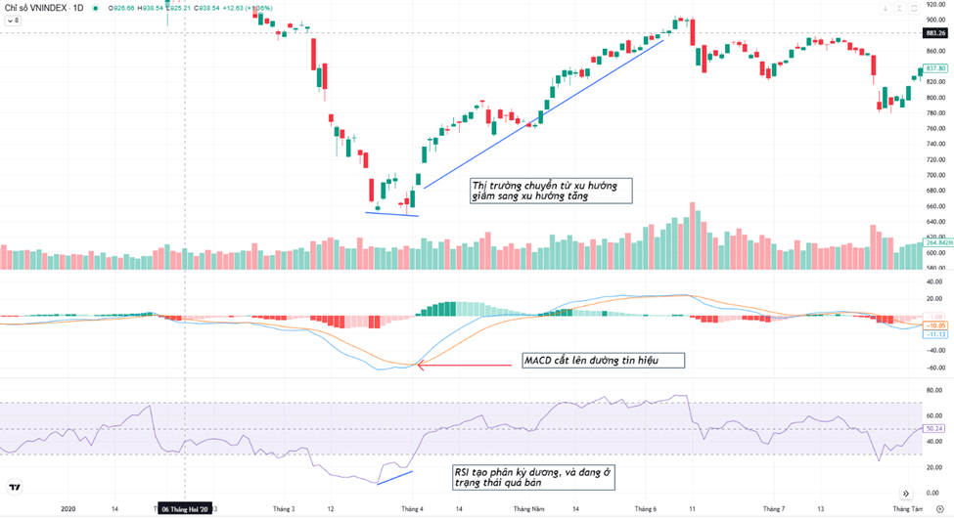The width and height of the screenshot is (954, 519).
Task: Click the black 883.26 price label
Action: pyautogui.click(x=935, y=33)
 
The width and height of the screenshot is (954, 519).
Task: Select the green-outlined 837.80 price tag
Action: pyautogui.click(x=935, y=68)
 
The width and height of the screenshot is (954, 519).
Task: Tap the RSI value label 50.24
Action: pyautogui.click(x=935, y=428)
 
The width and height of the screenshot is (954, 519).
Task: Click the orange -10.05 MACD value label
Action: pyautogui.click(x=935, y=324)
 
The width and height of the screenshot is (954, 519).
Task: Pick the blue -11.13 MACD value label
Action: pyautogui.click(x=935, y=334)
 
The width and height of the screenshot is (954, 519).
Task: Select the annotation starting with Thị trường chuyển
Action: pyautogui.click(x=550, y=191)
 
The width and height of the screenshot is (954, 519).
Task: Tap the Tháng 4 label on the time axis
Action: pyautogui.click(x=411, y=509)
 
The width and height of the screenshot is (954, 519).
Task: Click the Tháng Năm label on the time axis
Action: pyautogui.click(x=527, y=509)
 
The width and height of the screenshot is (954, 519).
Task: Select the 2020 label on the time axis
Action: pyautogui.click(x=68, y=509)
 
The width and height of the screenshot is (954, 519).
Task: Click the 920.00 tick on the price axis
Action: pyautogui.click(x=935, y=4)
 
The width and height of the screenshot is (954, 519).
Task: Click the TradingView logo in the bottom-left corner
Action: pyautogui.click(x=16, y=487)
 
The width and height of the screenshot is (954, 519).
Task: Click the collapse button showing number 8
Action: pyautogui.click(x=13, y=20)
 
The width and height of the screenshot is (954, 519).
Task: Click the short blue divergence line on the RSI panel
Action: pyautogui.click(x=395, y=477)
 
